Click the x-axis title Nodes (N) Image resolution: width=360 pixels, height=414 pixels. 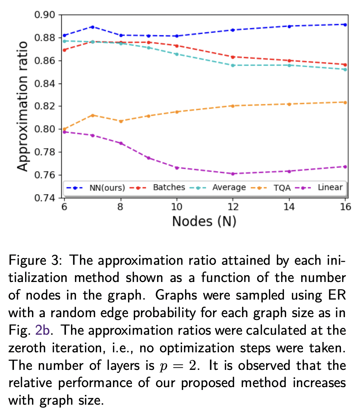click(x=204, y=221)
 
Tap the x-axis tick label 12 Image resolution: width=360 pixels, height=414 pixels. click(x=233, y=207)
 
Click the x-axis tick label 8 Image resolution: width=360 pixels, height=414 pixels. click(x=121, y=207)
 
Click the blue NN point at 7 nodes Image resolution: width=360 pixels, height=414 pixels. click(x=93, y=27)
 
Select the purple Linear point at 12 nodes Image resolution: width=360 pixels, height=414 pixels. click(x=233, y=174)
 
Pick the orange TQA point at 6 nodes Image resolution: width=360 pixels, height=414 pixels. click(x=65, y=129)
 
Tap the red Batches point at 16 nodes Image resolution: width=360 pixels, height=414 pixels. click(x=345, y=65)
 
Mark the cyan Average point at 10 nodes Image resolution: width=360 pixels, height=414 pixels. click(x=177, y=54)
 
